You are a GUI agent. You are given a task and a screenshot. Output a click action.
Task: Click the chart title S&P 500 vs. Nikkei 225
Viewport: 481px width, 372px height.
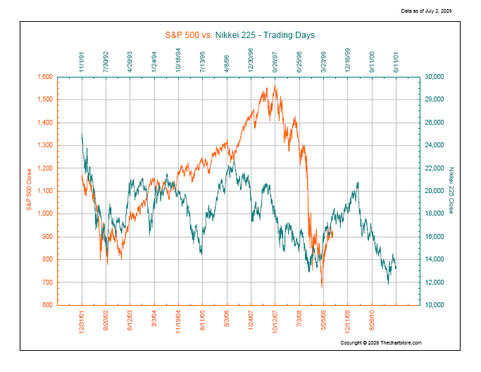tap(240, 35)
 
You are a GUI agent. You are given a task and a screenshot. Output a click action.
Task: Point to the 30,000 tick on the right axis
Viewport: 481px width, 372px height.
tap(435, 76)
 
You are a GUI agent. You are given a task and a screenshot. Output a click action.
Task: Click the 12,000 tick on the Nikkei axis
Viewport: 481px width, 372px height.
tap(435, 283)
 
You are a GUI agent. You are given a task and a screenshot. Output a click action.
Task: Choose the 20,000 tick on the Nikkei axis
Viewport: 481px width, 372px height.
tap(435, 191)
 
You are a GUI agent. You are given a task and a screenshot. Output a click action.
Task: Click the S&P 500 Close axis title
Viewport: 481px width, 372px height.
tap(29, 191)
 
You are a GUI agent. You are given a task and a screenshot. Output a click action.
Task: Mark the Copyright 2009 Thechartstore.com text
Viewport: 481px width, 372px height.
tap(381, 342)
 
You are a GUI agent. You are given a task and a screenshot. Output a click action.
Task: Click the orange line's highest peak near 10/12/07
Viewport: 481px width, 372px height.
tap(275, 86)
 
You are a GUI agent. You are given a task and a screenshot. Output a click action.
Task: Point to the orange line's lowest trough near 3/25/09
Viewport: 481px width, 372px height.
tap(322, 287)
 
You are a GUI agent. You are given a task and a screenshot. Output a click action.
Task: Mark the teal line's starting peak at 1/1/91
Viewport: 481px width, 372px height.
tap(82, 134)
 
